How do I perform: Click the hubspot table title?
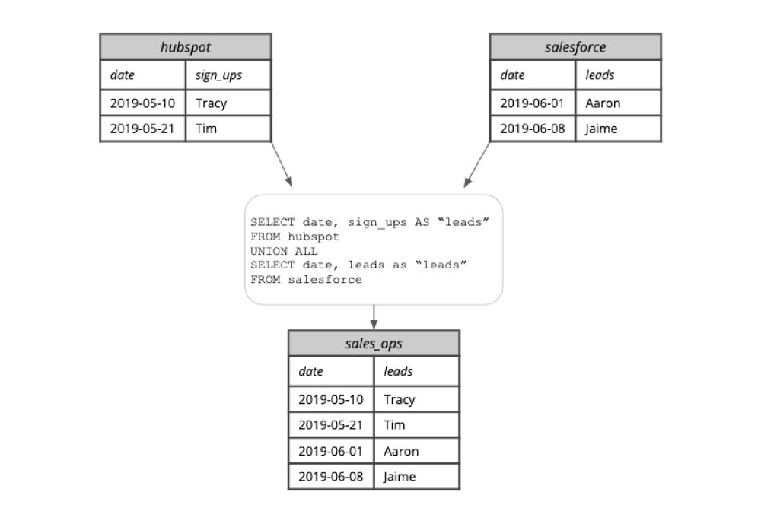pos(185,47)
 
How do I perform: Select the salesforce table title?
pos(575,47)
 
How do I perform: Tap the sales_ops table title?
pos(374,344)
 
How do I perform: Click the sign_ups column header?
pos(218,75)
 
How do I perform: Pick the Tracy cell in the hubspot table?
pos(211,103)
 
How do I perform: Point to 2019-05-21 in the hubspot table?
pos(142,129)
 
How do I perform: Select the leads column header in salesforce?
pos(600,75)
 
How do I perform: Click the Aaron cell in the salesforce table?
pos(603,103)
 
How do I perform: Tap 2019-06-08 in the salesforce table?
pos(532,129)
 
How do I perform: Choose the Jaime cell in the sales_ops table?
pos(400,477)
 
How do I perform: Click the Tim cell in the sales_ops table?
pos(394,425)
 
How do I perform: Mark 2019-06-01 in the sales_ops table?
pos(331,451)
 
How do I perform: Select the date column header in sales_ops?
pos(310,371)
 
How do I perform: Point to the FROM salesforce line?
pos(306,279)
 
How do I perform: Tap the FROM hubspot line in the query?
pos(295,237)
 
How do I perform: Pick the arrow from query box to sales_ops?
pos(374,317)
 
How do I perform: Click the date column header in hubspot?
pos(122,75)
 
